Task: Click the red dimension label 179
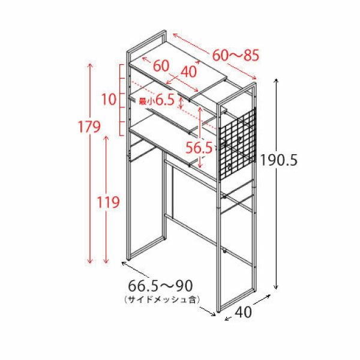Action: coord(89,127)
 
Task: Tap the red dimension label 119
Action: coord(108,202)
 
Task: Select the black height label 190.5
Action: coord(278,160)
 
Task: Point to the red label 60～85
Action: coord(236,55)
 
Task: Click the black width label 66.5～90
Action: coord(160,286)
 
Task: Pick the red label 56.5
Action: coord(199,148)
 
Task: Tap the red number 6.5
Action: coord(165,101)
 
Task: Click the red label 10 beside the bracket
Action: coord(109,100)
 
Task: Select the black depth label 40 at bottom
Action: coord(243,312)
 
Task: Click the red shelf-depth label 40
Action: coord(189,71)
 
